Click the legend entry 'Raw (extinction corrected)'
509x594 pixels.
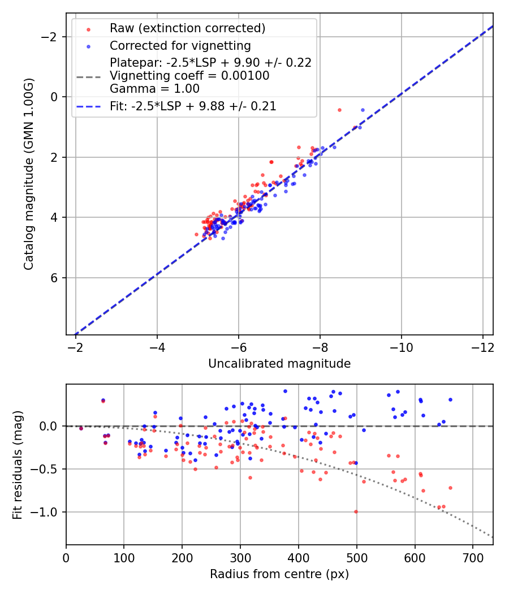click(x=187, y=28)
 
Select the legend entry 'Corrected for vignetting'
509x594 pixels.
click(x=180, y=45)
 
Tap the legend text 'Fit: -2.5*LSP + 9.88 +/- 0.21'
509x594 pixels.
click(x=193, y=106)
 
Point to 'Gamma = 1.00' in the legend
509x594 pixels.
click(x=146, y=88)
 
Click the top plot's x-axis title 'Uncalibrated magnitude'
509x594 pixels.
click(x=279, y=364)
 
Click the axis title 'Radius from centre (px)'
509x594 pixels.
click(x=279, y=574)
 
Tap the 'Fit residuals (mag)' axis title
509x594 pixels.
click(x=18, y=464)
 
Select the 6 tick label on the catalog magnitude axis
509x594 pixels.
click(x=54, y=278)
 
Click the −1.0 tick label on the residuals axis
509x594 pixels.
click(x=46, y=512)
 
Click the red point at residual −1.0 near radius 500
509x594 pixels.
click(x=356, y=511)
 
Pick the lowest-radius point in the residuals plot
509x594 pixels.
click(x=81, y=428)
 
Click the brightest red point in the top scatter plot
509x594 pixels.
click(x=339, y=110)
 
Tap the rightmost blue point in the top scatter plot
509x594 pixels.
click(x=363, y=110)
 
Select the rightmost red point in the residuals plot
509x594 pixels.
click(x=450, y=488)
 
